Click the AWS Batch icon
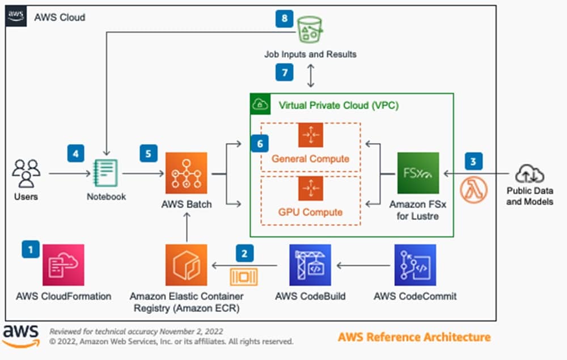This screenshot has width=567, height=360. [x=186, y=173]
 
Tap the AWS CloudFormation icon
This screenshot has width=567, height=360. [x=63, y=265]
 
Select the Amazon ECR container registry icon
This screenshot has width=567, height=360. [x=186, y=265]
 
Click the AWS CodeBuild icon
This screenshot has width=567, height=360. [x=310, y=265]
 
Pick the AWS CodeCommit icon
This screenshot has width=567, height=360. [x=415, y=265]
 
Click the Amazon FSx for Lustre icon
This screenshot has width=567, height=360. [x=418, y=173]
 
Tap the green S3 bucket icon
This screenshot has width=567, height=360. [x=310, y=30]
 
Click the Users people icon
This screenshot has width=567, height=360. [x=26, y=173]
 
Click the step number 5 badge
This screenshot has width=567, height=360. [x=149, y=154]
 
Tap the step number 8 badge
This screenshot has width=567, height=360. [x=285, y=19]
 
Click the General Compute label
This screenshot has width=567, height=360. [x=310, y=159]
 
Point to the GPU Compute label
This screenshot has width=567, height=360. [x=310, y=212]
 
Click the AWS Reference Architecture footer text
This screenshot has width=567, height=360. [x=414, y=337]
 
